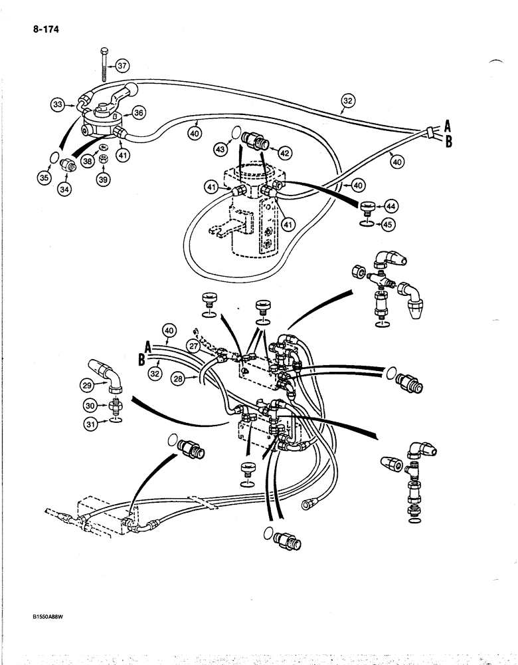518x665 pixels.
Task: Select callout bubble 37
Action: click(124, 65)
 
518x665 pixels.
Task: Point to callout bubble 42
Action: click(286, 152)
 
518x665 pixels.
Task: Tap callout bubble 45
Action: click(389, 225)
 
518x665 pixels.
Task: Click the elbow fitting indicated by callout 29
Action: click(114, 380)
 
